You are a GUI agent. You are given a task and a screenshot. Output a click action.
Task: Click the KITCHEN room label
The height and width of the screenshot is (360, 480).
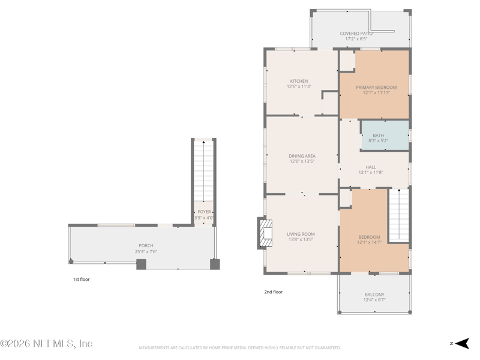299,81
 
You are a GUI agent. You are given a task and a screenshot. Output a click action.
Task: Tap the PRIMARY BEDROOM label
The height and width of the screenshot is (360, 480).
376,87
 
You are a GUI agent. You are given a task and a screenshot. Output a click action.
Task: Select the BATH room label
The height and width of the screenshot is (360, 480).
378,136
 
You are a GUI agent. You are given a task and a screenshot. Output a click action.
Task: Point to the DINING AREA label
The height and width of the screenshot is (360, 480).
302,156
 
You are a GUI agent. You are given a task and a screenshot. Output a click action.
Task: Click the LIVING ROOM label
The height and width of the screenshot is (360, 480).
301,234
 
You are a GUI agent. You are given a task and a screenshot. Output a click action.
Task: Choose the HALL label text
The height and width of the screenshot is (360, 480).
371,167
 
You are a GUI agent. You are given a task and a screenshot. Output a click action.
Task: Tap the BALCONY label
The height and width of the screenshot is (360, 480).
374,295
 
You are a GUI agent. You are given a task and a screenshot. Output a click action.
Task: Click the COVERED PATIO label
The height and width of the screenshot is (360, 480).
356,34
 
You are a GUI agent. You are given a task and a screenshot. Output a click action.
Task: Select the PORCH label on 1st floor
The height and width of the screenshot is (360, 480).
146,245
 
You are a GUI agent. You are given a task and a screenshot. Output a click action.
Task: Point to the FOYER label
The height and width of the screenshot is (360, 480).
204,212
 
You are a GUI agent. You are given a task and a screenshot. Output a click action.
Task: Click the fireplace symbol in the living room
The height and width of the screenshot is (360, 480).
265,233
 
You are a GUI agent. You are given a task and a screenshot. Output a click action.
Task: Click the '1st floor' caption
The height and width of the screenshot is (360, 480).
81,279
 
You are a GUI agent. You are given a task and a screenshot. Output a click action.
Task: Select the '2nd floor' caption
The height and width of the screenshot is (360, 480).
273,292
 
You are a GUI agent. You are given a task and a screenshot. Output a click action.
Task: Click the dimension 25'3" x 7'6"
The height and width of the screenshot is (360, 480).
146,252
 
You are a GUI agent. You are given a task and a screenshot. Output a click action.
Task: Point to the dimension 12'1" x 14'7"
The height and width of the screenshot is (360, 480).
369,242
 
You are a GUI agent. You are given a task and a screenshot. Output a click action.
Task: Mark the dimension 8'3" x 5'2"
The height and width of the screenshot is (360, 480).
378,141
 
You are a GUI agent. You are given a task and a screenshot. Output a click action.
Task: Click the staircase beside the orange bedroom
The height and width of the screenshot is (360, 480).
398,214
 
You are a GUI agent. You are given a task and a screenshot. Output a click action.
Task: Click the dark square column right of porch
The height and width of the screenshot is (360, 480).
215,264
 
